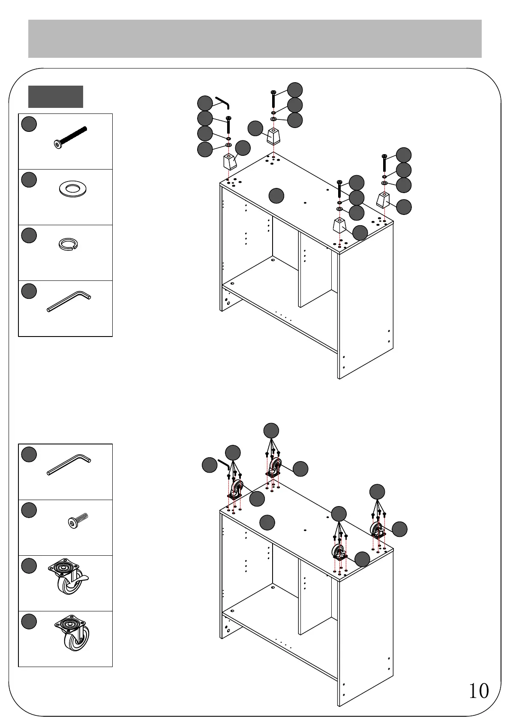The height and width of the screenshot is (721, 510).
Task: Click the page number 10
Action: [x=478, y=691]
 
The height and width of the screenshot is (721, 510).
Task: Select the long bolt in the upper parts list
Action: [x=71, y=137]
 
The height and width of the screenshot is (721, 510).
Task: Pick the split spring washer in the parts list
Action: [x=68, y=244]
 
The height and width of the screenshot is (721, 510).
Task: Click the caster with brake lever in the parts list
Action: [x=69, y=577]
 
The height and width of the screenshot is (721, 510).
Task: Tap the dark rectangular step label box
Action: [x=56, y=96]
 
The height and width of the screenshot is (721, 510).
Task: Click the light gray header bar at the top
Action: [x=255, y=39]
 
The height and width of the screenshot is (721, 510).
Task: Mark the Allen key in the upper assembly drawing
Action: [x=223, y=102]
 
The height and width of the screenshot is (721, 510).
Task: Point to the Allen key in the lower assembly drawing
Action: [x=224, y=464]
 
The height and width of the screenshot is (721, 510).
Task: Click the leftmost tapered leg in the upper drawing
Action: [x=230, y=162]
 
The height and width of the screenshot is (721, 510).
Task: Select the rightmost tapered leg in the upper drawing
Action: [x=383, y=200]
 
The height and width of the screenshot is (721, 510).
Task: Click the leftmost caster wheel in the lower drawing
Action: [x=236, y=489]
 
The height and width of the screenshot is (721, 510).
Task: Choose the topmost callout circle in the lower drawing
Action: [x=271, y=430]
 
